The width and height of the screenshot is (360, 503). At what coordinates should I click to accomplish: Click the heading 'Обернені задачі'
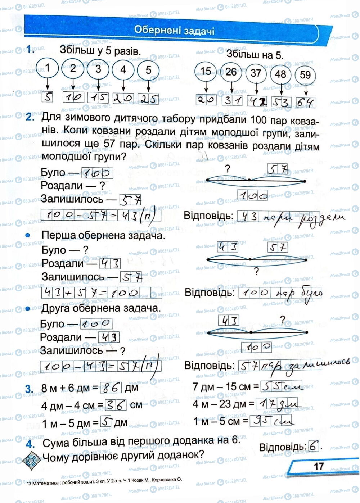[x=174, y=30]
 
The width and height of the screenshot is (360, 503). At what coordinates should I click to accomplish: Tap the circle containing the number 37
[x=256, y=73]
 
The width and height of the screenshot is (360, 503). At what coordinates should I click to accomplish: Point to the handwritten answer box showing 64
[x=306, y=102]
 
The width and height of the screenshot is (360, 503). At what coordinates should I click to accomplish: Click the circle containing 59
[x=305, y=75]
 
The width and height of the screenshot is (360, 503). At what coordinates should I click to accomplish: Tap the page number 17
[x=319, y=466]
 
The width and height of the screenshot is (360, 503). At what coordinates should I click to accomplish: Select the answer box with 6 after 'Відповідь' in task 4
[x=314, y=447]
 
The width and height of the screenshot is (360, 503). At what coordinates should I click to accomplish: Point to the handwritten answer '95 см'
[x=271, y=420]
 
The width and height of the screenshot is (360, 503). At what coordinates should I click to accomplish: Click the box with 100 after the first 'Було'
[x=97, y=173]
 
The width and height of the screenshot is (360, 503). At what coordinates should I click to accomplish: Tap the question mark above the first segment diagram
[x=227, y=168]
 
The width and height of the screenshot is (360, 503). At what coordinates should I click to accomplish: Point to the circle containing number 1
[x=48, y=68]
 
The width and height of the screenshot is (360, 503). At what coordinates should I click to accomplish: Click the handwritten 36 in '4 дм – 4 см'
[x=116, y=405]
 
